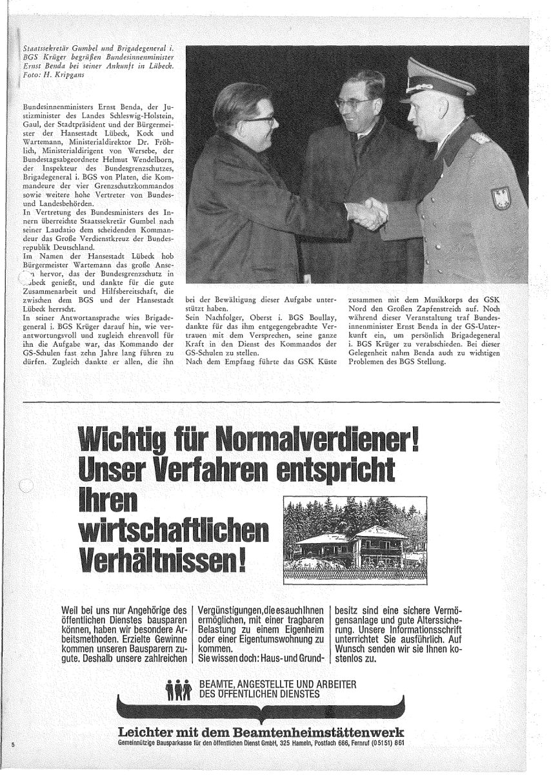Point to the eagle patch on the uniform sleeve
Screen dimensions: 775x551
click(501, 197)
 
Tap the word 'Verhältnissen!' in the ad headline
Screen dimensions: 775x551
click(161, 561)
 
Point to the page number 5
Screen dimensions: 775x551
click(12, 745)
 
